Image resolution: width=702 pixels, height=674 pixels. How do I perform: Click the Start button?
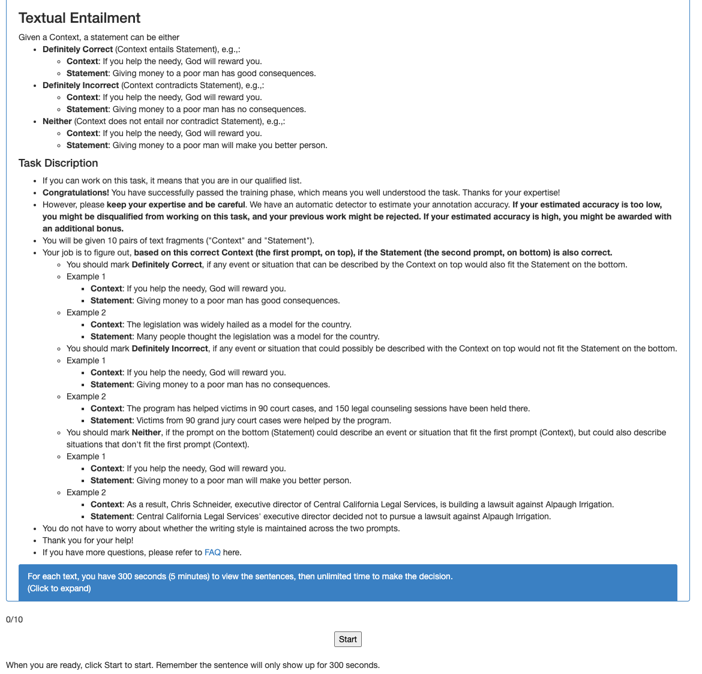click(x=347, y=639)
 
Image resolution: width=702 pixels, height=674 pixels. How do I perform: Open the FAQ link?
click(x=212, y=552)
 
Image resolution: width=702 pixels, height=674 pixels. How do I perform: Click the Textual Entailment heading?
click(x=79, y=18)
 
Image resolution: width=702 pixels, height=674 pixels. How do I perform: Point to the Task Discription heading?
click(x=58, y=163)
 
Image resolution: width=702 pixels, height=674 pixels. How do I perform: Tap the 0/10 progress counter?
click(x=14, y=619)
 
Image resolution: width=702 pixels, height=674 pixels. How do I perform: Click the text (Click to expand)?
click(x=59, y=588)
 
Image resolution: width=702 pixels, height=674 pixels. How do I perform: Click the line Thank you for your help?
click(x=88, y=540)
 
